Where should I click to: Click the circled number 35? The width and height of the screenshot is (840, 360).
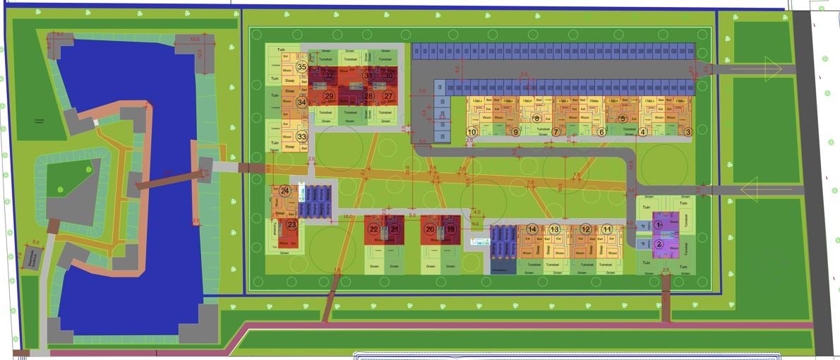301,67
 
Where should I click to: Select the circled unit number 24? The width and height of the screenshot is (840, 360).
284,191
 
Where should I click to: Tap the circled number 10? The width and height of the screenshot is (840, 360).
688,131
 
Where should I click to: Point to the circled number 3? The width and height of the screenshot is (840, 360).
642,131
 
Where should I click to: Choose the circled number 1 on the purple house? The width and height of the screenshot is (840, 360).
659,224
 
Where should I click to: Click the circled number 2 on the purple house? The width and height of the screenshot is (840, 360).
659,244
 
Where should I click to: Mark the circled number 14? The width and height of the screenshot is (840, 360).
532,229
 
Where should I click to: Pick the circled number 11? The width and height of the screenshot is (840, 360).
607,229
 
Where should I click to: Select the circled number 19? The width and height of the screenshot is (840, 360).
451,229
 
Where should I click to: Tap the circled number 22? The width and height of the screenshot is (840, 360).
374,229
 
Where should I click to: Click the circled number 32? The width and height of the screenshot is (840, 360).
328,76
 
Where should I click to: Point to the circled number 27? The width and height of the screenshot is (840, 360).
388,96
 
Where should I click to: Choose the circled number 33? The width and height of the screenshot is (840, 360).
301,136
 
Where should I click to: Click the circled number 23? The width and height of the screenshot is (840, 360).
292,224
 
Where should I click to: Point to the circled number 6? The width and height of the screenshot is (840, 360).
601,131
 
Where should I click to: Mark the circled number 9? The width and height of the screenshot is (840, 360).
515,131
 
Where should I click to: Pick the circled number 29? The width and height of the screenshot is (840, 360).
328,96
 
